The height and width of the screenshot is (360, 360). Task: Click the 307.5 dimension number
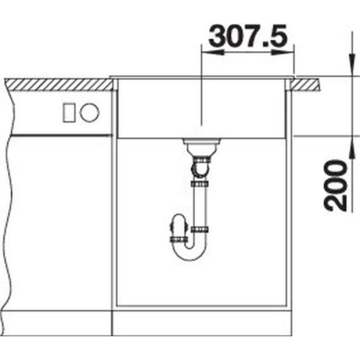point(248,36)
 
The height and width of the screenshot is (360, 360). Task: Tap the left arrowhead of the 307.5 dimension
point(212,52)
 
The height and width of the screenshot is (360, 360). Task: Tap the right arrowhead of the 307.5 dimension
point(283,52)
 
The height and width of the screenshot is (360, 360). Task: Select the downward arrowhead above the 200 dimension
point(351,64)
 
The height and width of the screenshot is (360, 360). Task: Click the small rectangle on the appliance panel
point(69,113)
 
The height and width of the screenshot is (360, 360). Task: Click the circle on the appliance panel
point(89,113)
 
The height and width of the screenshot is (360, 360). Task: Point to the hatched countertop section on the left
point(59,84)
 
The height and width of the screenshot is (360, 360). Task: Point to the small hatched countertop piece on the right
point(304,84)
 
